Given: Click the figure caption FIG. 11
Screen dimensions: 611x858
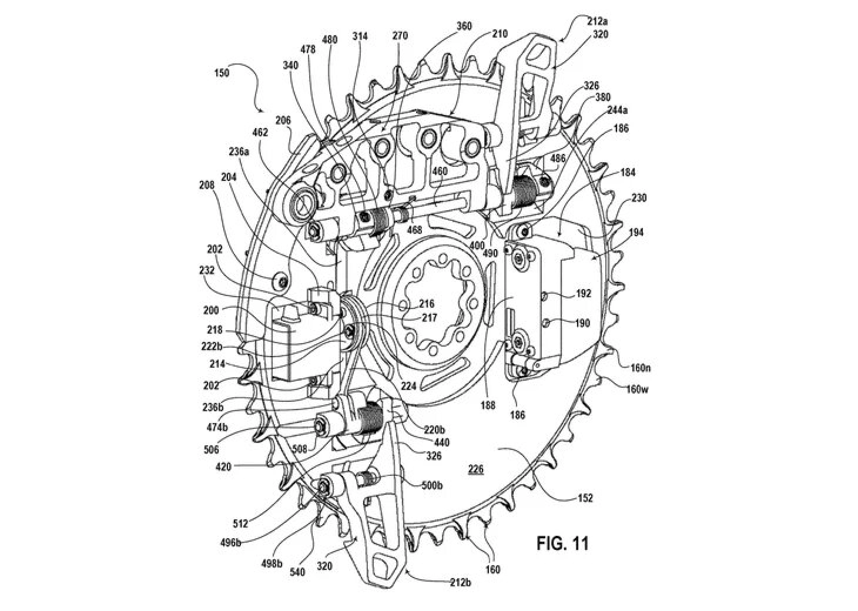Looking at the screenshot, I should [x=562, y=543].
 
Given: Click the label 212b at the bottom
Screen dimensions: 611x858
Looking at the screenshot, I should [x=459, y=583].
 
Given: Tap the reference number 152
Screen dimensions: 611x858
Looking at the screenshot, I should [x=585, y=498].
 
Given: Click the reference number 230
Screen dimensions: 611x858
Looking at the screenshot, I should [x=639, y=198].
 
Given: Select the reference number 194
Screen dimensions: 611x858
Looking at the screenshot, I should [x=635, y=233].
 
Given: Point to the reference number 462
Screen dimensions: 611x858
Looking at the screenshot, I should [x=260, y=133].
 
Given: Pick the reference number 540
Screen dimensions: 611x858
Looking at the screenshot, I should [x=298, y=572].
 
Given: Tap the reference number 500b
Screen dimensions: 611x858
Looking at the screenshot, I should [x=433, y=486].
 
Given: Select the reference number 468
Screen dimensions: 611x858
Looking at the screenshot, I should [x=415, y=230].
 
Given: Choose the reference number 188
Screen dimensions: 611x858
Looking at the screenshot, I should [x=487, y=405].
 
